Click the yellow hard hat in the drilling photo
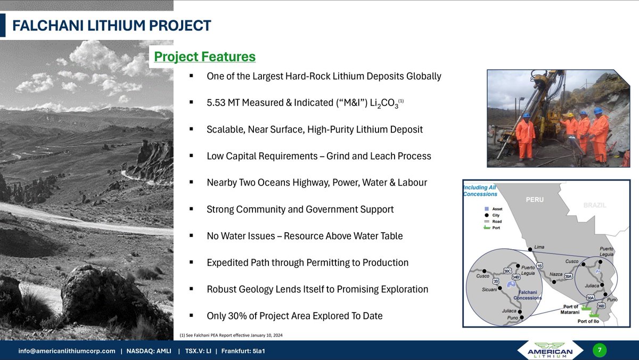click(x=570, y=114)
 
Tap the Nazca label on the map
click(x=556, y=273)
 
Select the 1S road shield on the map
click(x=539, y=266)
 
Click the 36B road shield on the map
click(x=601, y=305)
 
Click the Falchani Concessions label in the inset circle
click(x=527, y=295)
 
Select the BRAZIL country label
click(x=594, y=205)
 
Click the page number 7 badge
click(x=600, y=350)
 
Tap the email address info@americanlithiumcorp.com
click(x=67, y=351)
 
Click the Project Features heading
click(x=204, y=56)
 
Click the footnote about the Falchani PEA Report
click(x=231, y=335)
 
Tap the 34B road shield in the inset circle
click(x=515, y=277)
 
